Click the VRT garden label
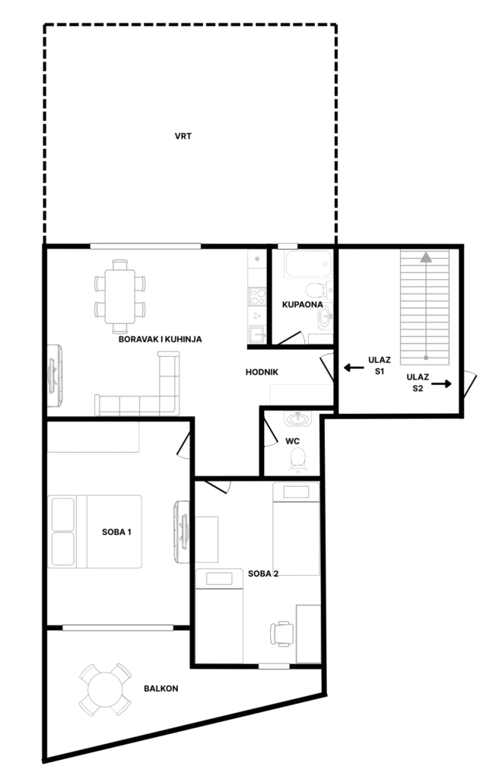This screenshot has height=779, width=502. [x=183, y=136]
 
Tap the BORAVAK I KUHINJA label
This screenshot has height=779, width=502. [x=160, y=339]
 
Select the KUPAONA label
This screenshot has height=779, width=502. [x=303, y=304]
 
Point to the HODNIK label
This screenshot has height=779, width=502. [x=262, y=372]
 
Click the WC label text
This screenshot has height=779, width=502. [x=293, y=441]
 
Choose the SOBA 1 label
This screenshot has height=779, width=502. [x=116, y=532]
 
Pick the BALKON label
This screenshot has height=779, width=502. [x=161, y=688]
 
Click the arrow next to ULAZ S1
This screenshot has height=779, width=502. [x=354, y=368]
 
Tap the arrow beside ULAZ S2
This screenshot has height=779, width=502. [x=441, y=383]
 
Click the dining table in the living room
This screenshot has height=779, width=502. [x=119, y=296]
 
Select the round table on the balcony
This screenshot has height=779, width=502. [x=105, y=689]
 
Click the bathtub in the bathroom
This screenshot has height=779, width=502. [x=308, y=264]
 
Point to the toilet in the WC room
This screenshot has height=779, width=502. [x=298, y=460]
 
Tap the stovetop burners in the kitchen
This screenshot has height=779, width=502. [x=257, y=297]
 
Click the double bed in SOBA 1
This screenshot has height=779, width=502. [x=95, y=532]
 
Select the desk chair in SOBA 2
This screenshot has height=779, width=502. [x=281, y=634]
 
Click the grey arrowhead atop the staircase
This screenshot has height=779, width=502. [x=425, y=257]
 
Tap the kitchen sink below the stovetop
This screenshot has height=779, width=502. [x=257, y=335]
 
